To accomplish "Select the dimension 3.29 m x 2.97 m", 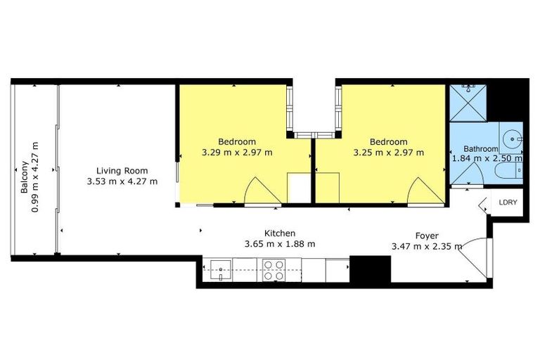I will pyautogui.click(x=237, y=152).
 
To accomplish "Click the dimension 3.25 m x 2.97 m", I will pyautogui.click(x=389, y=152).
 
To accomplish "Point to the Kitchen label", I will pyautogui.click(x=279, y=233).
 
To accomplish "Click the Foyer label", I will pyautogui.click(x=427, y=236).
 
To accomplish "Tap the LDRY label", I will pyautogui.click(x=507, y=202).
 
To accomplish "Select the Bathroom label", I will pyautogui.click(x=480, y=149).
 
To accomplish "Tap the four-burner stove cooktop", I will pyautogui.click(x=273, y=270).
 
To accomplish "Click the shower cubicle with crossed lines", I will pyautogui.click(x=468, y=102).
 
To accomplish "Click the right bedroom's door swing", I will pyautogui.click(x=427, y=192).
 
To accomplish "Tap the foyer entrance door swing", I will pyautogui.click(x=472, y=257).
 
